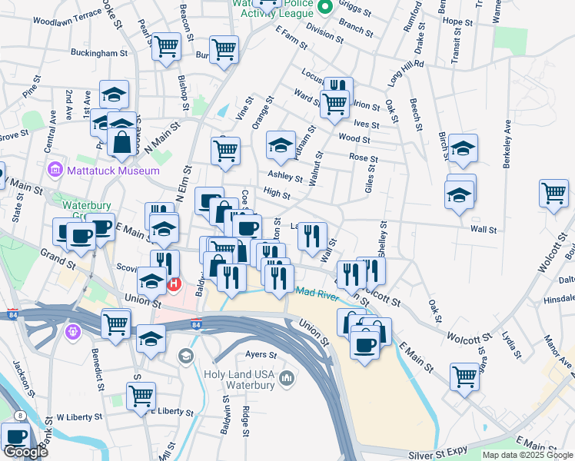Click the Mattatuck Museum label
click(x=102, y=170)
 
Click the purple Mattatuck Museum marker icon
click(x=55, y=169)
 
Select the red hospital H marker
click(x=174, y=285)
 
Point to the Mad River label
click(x=317, y=292)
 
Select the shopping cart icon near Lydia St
click(x=464, y=376)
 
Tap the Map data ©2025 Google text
click(x=527, y=456)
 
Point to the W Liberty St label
click(x=79, y=416)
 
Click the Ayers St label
click(x=261, y=355)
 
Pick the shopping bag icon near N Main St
click(x=122, y=141)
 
